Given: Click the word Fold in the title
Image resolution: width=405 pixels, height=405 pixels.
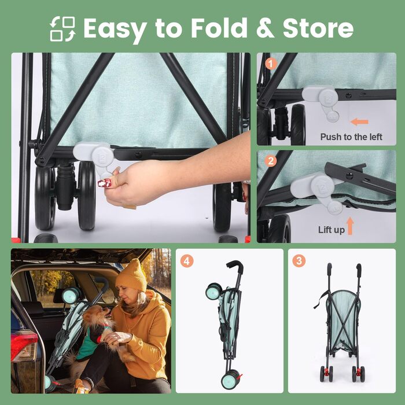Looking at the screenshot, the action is click(x=219, y=28).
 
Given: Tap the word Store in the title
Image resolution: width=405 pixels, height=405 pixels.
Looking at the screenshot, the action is click(x=318, y=28).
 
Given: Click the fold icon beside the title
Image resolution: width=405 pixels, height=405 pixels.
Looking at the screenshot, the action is click(x=62, y=29).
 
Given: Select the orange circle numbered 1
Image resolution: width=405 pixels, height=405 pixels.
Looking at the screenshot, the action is click(x=271, y=64).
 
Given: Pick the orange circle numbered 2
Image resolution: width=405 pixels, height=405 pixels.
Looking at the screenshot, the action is click(x=271, y=161).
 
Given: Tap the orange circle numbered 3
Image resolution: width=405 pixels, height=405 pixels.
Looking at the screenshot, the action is click(x=299, y=261).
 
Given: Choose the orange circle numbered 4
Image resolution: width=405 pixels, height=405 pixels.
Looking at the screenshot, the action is click(x=187, y=261).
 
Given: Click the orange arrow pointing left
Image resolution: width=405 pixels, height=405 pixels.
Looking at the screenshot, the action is click(x=359, y=122).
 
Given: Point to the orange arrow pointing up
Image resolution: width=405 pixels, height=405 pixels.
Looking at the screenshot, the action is click(x=350, y=226).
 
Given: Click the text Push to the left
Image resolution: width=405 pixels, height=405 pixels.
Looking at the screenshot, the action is click(x=351, y=137).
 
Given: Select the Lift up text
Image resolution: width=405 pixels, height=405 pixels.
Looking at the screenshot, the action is click(x=332, y=230).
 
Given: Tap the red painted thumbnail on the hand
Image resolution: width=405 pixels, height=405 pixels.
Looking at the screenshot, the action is click(x=105, y=183).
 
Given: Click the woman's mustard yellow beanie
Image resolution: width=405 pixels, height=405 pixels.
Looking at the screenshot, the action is click(x=131, y=275).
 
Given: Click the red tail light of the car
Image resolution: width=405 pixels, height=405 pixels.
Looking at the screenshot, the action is click(x=23, y=346).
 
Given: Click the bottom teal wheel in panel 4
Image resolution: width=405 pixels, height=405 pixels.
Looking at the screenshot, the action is click(x=230, y=380).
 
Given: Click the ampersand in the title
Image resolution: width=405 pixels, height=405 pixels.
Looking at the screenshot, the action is click(x=265, y=28).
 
